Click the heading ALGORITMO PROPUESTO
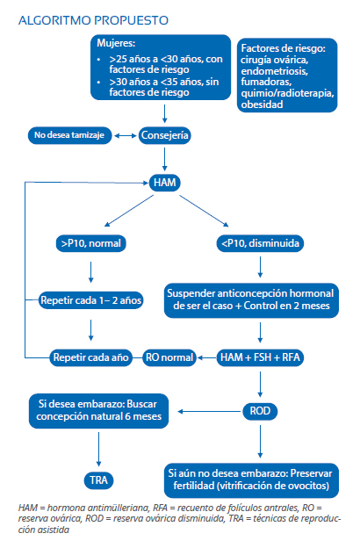(93, 20)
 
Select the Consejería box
(164, 135)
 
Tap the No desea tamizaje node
(69, 135)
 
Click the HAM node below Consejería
(164, 183)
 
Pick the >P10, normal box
(90, 243)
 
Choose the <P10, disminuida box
(260, 243)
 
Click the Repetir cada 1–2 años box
(90, 300)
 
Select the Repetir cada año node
(90, 357)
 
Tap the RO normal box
(169, 357)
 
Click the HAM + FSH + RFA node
(260, 357)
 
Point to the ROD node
(260, 411)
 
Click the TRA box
(98, 480)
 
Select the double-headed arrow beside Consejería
(126, 135)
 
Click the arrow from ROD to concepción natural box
(210, 411)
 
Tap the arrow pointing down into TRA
(98, 449)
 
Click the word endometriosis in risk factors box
(274, 71)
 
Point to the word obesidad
(262, 105)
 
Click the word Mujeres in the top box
(116, 43)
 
